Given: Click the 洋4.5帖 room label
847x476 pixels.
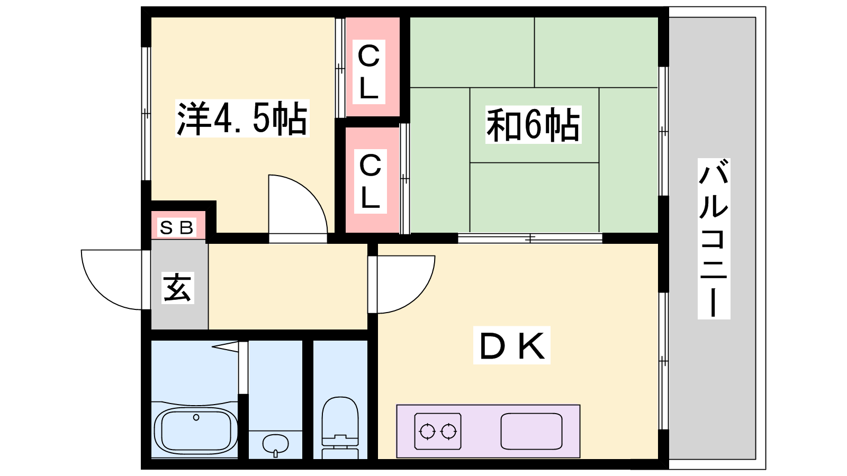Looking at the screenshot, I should (242, 118).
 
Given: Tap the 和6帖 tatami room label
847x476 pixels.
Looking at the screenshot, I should (533, 125).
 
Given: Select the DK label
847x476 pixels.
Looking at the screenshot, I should (511, 346).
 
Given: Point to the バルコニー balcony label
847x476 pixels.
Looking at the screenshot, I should (714, 238).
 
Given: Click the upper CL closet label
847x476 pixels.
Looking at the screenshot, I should (369, 72).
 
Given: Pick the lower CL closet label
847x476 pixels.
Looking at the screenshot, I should (370, 181).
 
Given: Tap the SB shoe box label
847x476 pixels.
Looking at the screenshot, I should (177, 228).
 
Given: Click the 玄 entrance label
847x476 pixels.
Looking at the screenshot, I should (177, 288).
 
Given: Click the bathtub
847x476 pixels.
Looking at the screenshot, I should (196, 429).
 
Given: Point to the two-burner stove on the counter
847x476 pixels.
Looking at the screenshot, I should (437, 431).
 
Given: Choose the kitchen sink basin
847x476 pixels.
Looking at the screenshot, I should (531, 431).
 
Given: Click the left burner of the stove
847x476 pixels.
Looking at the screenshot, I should (427, 432).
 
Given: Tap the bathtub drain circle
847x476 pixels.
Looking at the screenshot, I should (196, 418).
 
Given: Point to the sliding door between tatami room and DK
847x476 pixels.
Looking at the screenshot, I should (529, 239).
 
